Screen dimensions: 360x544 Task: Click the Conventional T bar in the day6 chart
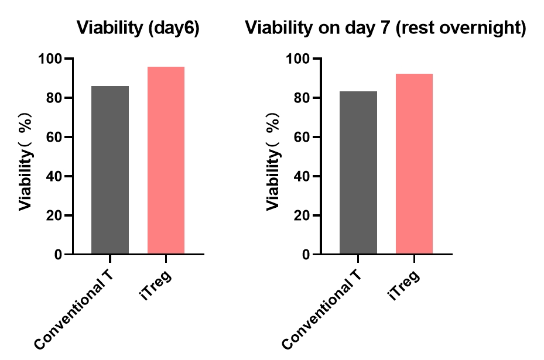[110, 170]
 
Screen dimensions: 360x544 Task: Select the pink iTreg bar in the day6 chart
[166, 160]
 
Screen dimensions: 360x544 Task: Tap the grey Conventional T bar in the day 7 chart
[358, 173]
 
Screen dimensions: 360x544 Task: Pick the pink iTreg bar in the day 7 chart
[414, 164]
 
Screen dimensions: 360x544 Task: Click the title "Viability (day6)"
[138, 28]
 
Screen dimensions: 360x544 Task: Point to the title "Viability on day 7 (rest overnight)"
[385, 28]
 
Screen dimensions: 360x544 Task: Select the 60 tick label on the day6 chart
[56, 138]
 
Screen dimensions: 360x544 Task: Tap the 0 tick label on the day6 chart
[59, 255]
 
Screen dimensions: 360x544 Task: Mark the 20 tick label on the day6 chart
[56, 215]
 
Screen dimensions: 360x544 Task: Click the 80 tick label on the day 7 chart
[303, 98]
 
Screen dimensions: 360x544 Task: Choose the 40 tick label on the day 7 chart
[303, 176]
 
